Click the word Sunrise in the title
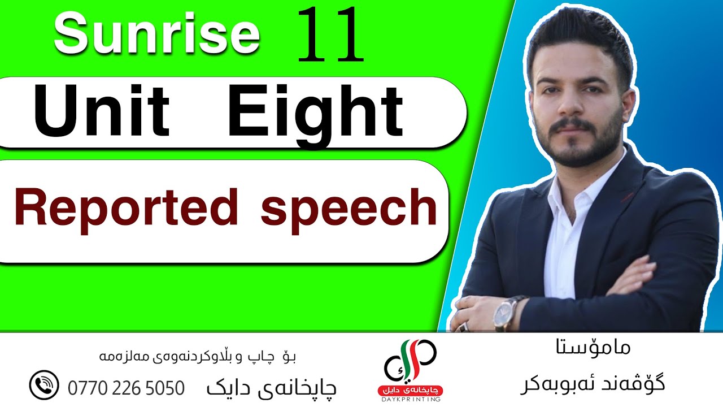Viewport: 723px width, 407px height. (x=157, y=34)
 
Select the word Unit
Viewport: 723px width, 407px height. (x=102, y=111)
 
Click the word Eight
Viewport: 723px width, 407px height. (x=316, y=111)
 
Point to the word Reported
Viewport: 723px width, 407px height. (x=126, y=207)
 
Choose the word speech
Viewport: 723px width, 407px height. (x=349, y=207)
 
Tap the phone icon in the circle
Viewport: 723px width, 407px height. (x=43, y=386)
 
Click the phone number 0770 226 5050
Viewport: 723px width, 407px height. (x=126, y=388)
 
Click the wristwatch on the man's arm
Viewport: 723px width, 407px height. (x=504, y=313)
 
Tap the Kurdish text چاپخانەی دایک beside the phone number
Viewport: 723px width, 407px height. (x=271, y=388)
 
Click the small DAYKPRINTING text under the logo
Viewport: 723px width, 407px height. (x=411, y=399)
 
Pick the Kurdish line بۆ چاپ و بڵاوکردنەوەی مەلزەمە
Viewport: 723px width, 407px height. (x=198, y=357)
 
